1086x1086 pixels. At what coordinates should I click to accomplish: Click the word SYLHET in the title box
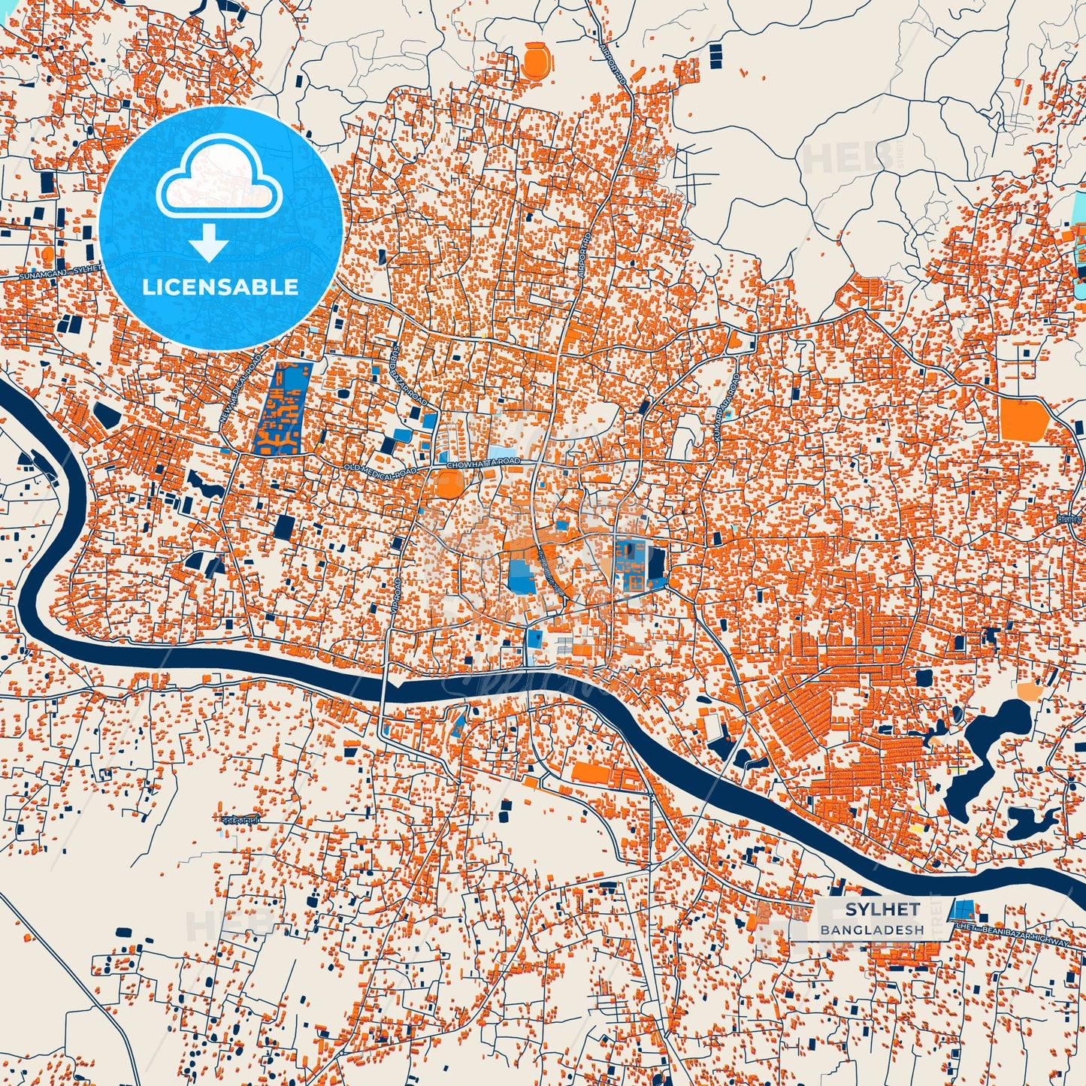tap(882, 909)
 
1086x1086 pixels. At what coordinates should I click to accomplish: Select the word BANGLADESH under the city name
tap(872, 930)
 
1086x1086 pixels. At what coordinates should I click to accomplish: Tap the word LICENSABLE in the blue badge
tap(221, 287)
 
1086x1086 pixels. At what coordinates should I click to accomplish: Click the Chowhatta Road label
tap(482, 464)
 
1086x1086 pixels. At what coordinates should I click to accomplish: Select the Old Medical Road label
tap(380, 470)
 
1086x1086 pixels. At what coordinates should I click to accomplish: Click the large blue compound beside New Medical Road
tap(283, 408)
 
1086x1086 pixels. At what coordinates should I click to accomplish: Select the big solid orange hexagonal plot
tap(1023, 419)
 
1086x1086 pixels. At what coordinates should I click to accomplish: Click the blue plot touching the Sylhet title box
tap(960, 909)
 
